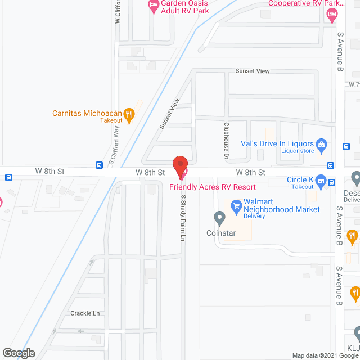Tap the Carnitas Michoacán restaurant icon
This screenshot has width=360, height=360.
click(x=129, y=116)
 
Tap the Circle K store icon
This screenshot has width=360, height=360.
click(x=321, y=181)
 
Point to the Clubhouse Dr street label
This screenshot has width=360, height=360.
click(x=226, y=140)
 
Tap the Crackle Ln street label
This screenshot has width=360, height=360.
click(x=85, y=313)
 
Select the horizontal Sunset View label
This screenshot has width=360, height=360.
click(x=253, y=71)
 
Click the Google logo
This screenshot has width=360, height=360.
click(x=18, y=353)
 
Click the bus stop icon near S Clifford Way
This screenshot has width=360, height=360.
click(x=99, y=165)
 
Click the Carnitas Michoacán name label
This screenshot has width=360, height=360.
click(x=87, y=113)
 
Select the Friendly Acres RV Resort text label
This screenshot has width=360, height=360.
click(x=213, y=187)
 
